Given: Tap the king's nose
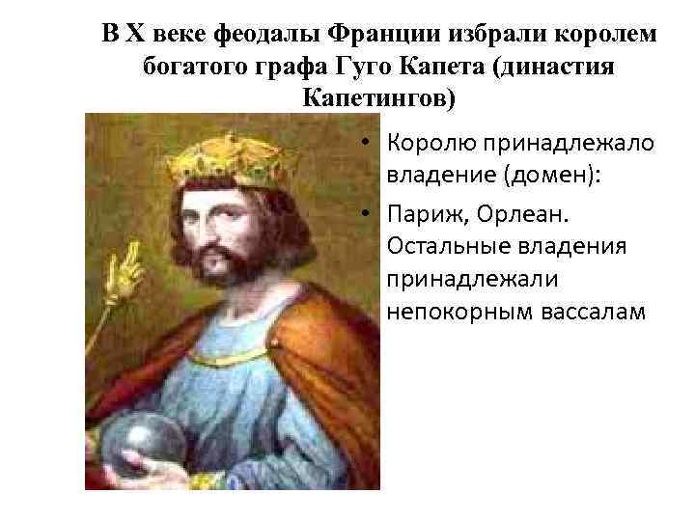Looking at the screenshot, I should tap(217, 224).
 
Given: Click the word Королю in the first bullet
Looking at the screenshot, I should tap(429, 143).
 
